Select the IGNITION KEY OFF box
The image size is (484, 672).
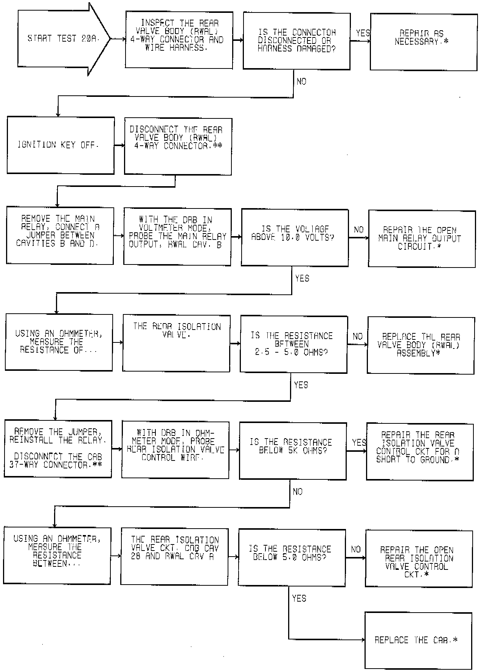(x=60, y=145)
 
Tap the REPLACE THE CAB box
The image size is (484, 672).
(x=418, y=640)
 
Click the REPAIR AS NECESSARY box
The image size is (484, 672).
(x=423, y=42)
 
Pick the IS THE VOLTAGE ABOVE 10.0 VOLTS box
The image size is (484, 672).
(x=295, y=237)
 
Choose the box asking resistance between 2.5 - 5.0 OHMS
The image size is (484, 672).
(x=293, y=344)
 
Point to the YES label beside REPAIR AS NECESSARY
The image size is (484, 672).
(x=363, y=33)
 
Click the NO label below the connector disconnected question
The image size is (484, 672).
(x=301, y=82)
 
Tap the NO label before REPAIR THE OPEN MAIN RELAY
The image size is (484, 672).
(x=358, y=230)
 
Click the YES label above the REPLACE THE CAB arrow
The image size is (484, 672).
(x=299, y=598)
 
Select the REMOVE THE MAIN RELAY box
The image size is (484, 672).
(x=60, y=236)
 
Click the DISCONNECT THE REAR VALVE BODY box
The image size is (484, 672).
(x=178, y=146)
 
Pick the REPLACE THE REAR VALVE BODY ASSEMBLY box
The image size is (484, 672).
(x=420, y=345)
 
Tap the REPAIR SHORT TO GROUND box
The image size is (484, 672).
(x=420, y=452)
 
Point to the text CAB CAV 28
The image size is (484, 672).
(x=202, y=548)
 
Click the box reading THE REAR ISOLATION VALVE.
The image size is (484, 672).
(x=176, y=344)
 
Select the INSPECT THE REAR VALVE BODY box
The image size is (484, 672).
(x=179, y=40)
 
